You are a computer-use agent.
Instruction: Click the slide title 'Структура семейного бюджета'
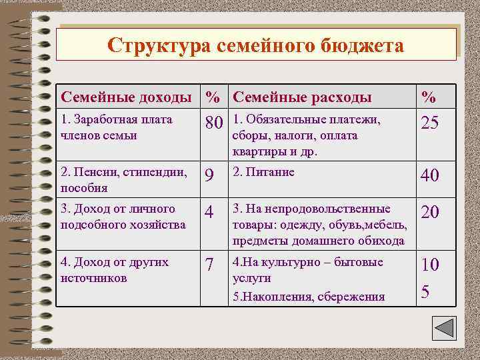pos(256,46)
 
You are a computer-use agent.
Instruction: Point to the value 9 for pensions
pos(209,176)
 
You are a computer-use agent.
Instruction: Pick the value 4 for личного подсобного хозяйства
pos(209,213)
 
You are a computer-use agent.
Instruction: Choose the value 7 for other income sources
pos(209,265)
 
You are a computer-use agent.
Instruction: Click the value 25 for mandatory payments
pos(429,125)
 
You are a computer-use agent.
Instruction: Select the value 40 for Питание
pos(429,176)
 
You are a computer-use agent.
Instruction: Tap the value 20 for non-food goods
pos(429,213)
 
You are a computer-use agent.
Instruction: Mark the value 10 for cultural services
pos(429,265)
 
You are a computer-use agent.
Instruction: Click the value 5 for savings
pos(426,292)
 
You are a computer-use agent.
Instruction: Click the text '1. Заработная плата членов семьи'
pos(116,127)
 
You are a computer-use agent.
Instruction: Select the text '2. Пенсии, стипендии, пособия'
pos(123,179)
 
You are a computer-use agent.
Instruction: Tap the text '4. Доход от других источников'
pos(114,269)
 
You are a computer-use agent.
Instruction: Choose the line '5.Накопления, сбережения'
pos(309,297)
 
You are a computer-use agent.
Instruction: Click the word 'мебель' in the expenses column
pos(387,225)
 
